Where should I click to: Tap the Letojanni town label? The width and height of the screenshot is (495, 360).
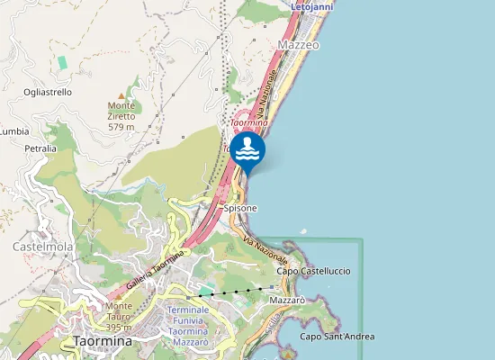(x=313, y=6)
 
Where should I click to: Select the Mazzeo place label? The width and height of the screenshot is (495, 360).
(x=300, y=44)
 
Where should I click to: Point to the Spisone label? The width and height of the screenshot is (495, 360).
(x=240, y=208)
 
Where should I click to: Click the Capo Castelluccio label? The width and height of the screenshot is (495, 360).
(x=312, y=271)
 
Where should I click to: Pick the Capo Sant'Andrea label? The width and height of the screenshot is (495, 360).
(x=337, y=337)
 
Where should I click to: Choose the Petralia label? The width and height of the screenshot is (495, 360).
(x=41, y=148)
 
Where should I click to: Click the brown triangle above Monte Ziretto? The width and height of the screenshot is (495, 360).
(x=121, y=94)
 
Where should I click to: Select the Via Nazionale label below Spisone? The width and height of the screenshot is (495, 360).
(x=265, y=244)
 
